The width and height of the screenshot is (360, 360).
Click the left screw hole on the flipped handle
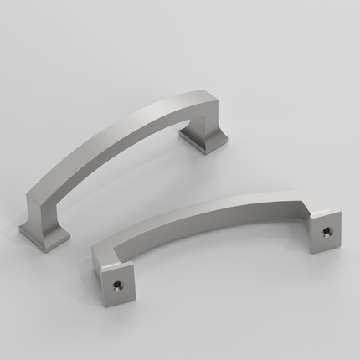(x=118, y=286)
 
